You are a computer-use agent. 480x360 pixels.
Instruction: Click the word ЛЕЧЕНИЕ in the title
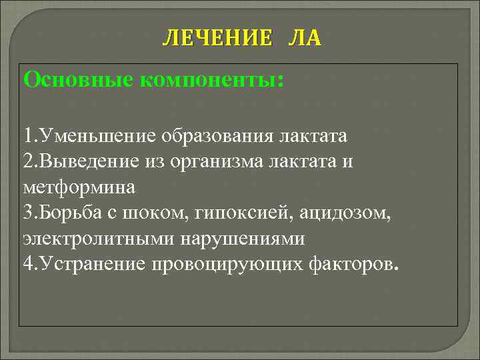point(217,39)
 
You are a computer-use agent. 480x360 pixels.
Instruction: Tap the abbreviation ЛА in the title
point(304,39)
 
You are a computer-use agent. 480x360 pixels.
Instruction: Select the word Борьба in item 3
point(73,213)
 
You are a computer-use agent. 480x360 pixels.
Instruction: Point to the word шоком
point(147,213)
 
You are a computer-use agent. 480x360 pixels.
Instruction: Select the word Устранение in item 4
point(94,264)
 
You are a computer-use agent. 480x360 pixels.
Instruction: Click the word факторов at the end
point(353,264)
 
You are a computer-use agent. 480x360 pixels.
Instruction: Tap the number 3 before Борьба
point(27,213)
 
